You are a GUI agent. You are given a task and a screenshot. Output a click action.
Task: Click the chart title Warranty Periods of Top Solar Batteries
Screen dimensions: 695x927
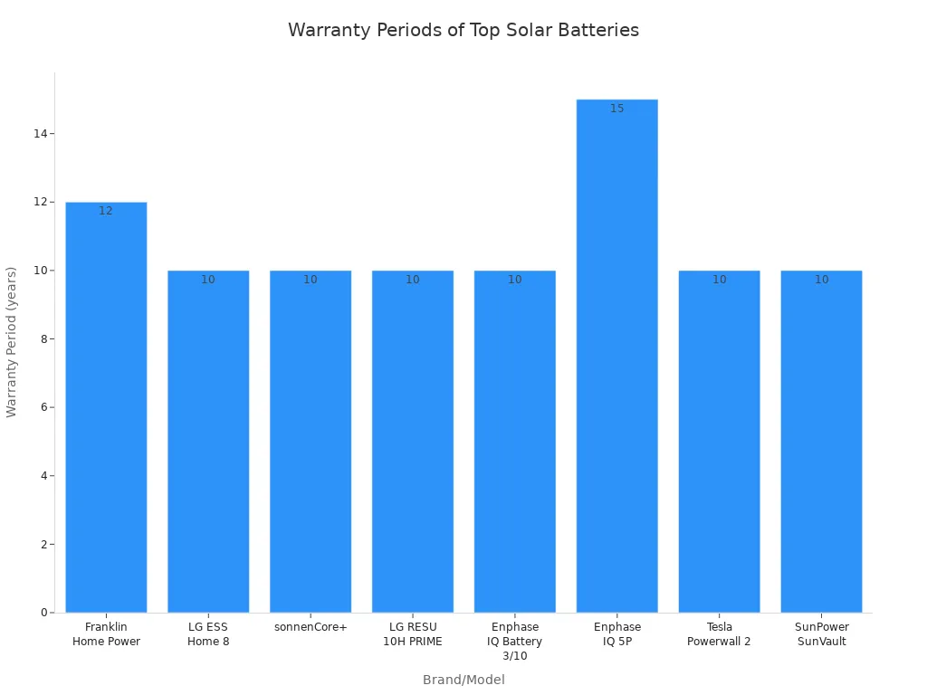[463, 30]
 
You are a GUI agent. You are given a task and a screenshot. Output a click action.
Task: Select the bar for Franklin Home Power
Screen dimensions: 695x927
[106, 407]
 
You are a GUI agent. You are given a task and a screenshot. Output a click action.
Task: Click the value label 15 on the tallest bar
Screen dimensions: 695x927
[616, 109]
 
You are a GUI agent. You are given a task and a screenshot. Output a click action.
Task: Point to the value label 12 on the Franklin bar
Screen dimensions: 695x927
[106, 211]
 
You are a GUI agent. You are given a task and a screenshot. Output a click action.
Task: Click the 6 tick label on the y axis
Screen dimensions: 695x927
[43, 407]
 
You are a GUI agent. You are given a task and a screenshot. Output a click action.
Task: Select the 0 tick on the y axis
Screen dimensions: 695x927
[43, 613]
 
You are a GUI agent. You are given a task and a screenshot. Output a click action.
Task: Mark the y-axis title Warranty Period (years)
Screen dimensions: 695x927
[12, 342]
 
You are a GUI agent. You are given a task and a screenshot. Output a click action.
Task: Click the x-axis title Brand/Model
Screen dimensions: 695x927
[463, 680]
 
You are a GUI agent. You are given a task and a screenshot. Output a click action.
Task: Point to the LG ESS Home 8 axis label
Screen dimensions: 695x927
[208, 634]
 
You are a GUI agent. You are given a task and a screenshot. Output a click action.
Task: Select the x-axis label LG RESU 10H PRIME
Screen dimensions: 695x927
[413, 634]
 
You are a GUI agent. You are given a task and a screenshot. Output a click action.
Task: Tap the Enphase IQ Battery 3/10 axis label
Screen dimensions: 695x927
[515, 641]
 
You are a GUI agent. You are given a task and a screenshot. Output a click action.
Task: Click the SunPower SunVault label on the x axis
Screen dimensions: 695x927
[821, 634]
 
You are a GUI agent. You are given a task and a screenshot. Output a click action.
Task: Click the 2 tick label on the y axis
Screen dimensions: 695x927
[43, 544]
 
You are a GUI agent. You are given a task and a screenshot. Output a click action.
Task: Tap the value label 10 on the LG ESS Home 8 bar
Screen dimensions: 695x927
[208, 280]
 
